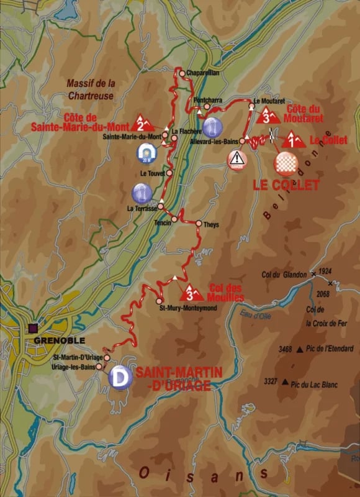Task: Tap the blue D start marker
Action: (120, 377)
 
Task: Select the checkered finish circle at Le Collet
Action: (286, 164)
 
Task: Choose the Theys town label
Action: (211, 224)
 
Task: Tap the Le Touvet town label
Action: (152, 173)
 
